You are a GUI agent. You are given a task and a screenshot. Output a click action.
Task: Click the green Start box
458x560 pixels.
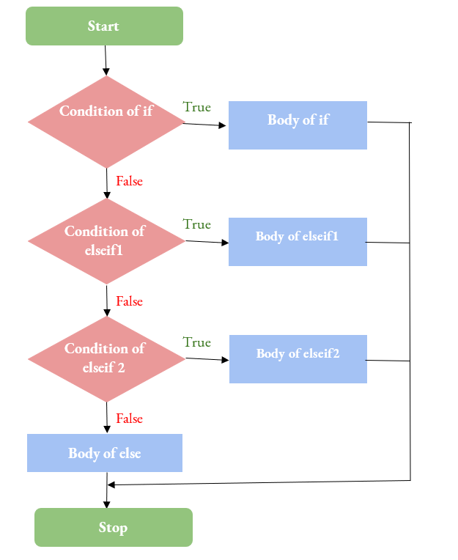104,26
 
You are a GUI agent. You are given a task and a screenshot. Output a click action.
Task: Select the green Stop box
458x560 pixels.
113,528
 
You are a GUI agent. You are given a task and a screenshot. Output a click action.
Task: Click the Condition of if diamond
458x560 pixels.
106,122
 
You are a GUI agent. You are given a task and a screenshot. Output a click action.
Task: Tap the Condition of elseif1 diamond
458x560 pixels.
106,240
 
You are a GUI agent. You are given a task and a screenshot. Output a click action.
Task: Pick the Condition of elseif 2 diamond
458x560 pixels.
106,358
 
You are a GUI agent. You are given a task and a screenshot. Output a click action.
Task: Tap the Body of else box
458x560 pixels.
104,453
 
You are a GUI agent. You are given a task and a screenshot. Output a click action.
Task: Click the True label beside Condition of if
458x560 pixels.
197,108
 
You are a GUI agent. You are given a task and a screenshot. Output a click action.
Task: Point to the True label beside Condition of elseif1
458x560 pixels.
197,224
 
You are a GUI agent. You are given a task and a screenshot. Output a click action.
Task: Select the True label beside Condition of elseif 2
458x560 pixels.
197,342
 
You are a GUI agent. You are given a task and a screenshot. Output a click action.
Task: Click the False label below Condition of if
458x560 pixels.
129,181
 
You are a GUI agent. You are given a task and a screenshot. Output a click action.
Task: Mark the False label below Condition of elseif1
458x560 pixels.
129,301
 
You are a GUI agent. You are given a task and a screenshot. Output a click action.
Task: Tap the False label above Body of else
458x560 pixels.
129,419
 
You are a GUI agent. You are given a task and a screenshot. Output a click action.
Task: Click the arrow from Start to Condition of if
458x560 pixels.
106,60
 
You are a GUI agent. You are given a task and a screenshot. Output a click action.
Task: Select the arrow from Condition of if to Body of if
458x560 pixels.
205,125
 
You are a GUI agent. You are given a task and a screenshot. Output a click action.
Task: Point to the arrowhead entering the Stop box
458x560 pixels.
107,504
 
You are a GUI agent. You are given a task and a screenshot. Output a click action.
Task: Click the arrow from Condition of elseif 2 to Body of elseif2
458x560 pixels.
207,359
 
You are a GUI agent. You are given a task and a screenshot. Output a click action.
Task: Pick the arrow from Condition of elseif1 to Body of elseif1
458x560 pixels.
207,241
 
